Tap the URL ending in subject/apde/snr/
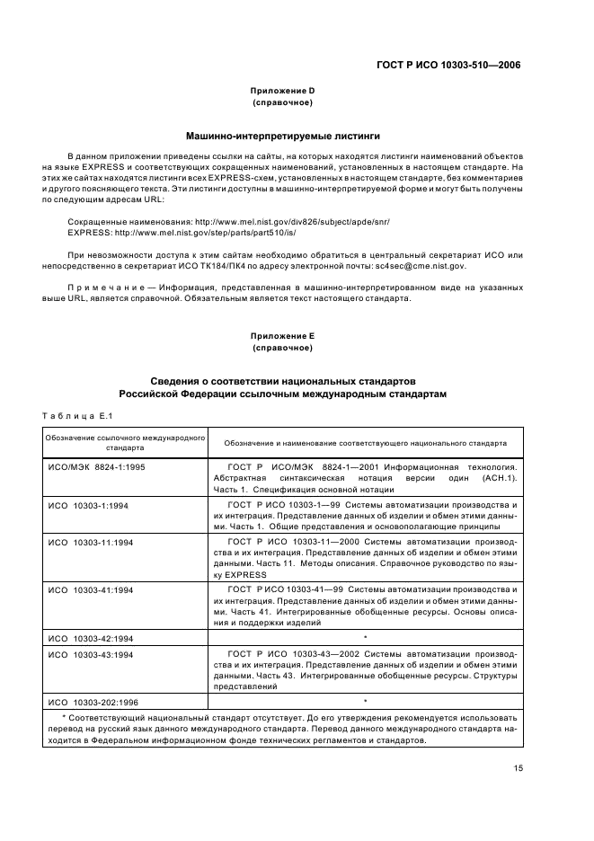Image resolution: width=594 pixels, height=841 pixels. [287, 220]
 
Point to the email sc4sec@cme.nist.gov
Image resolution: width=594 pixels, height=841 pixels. [420, 266]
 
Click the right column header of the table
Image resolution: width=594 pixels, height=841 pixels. [365, 443]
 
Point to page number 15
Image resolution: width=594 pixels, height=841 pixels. [519, 767]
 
